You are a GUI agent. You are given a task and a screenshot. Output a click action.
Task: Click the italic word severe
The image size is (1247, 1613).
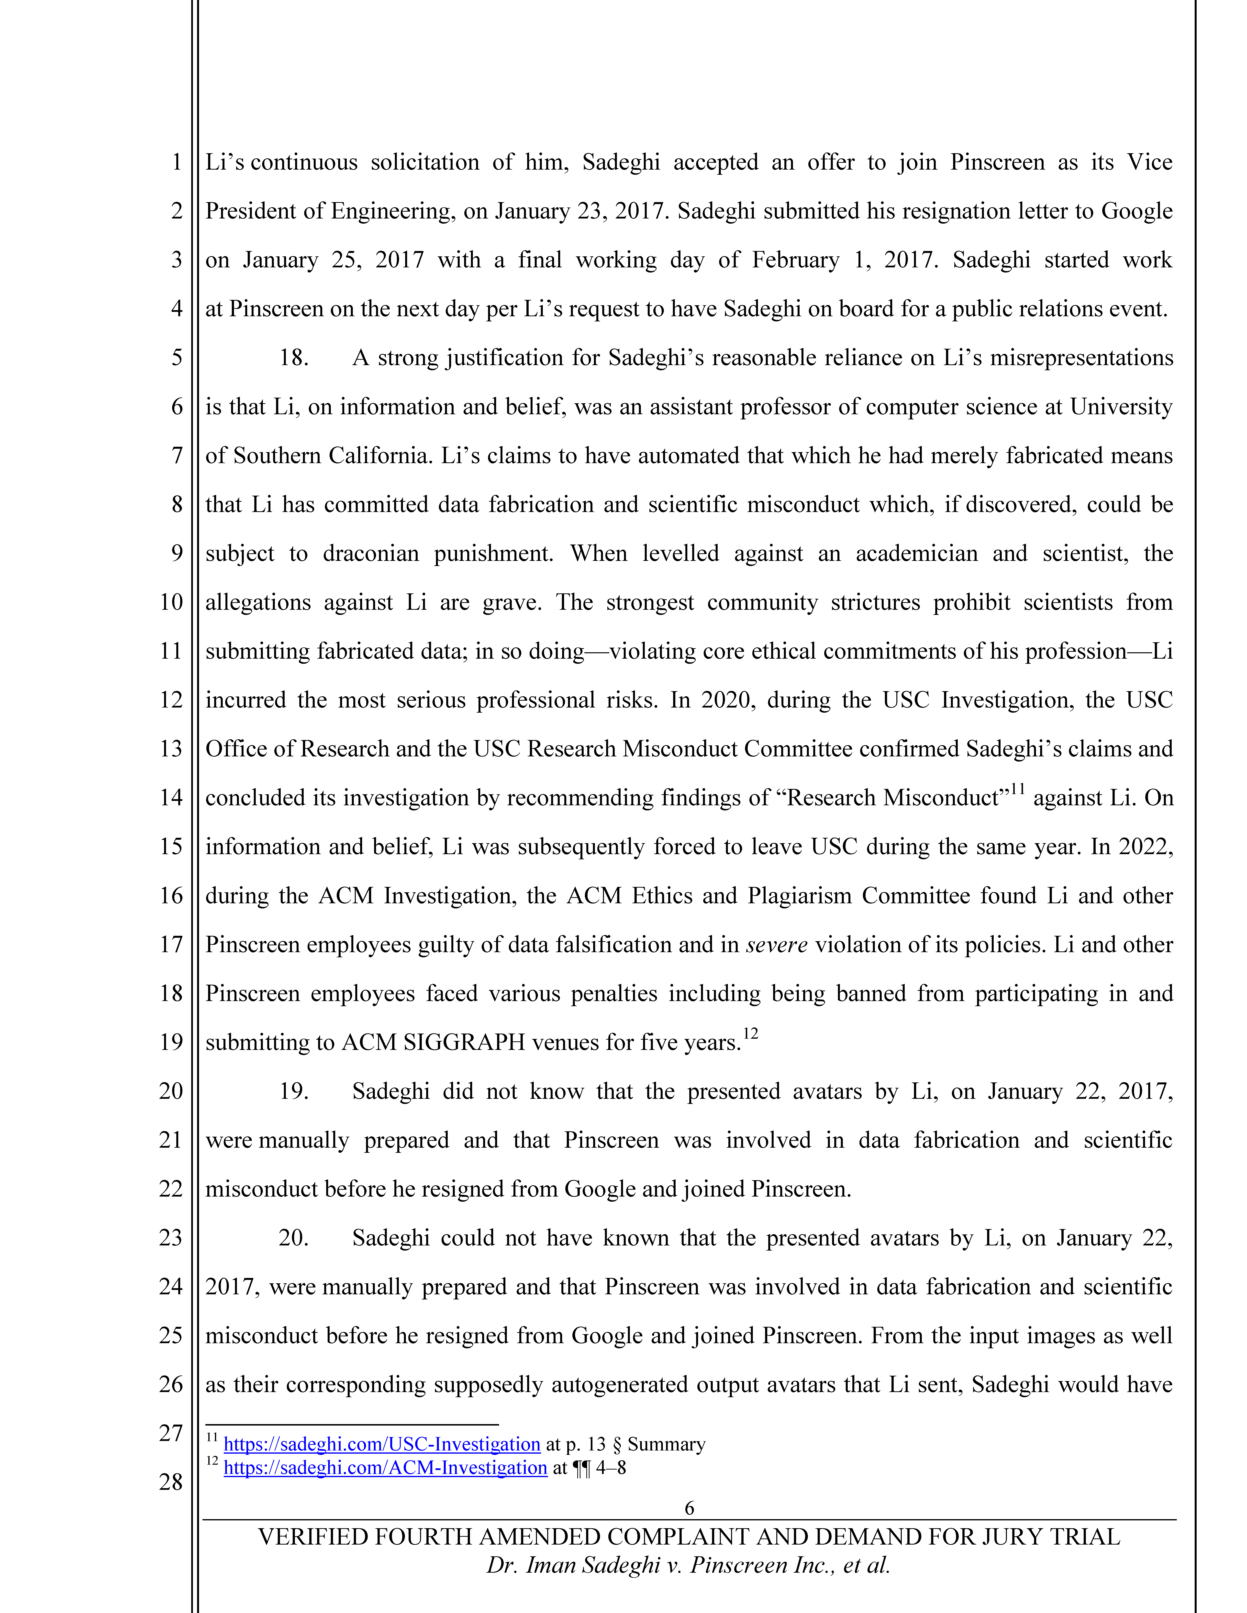point(776,945)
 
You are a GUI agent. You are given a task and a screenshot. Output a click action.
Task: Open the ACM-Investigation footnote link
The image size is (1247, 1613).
point(385,1468)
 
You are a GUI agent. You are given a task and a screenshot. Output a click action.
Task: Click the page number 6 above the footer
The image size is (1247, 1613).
point(689,1507)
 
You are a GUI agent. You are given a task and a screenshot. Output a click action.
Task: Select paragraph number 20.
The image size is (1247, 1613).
point(293,1238)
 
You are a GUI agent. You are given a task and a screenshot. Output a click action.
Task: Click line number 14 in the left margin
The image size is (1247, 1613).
point(171,798)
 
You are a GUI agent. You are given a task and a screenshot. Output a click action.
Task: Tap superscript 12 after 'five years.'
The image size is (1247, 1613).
point(751,1033)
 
